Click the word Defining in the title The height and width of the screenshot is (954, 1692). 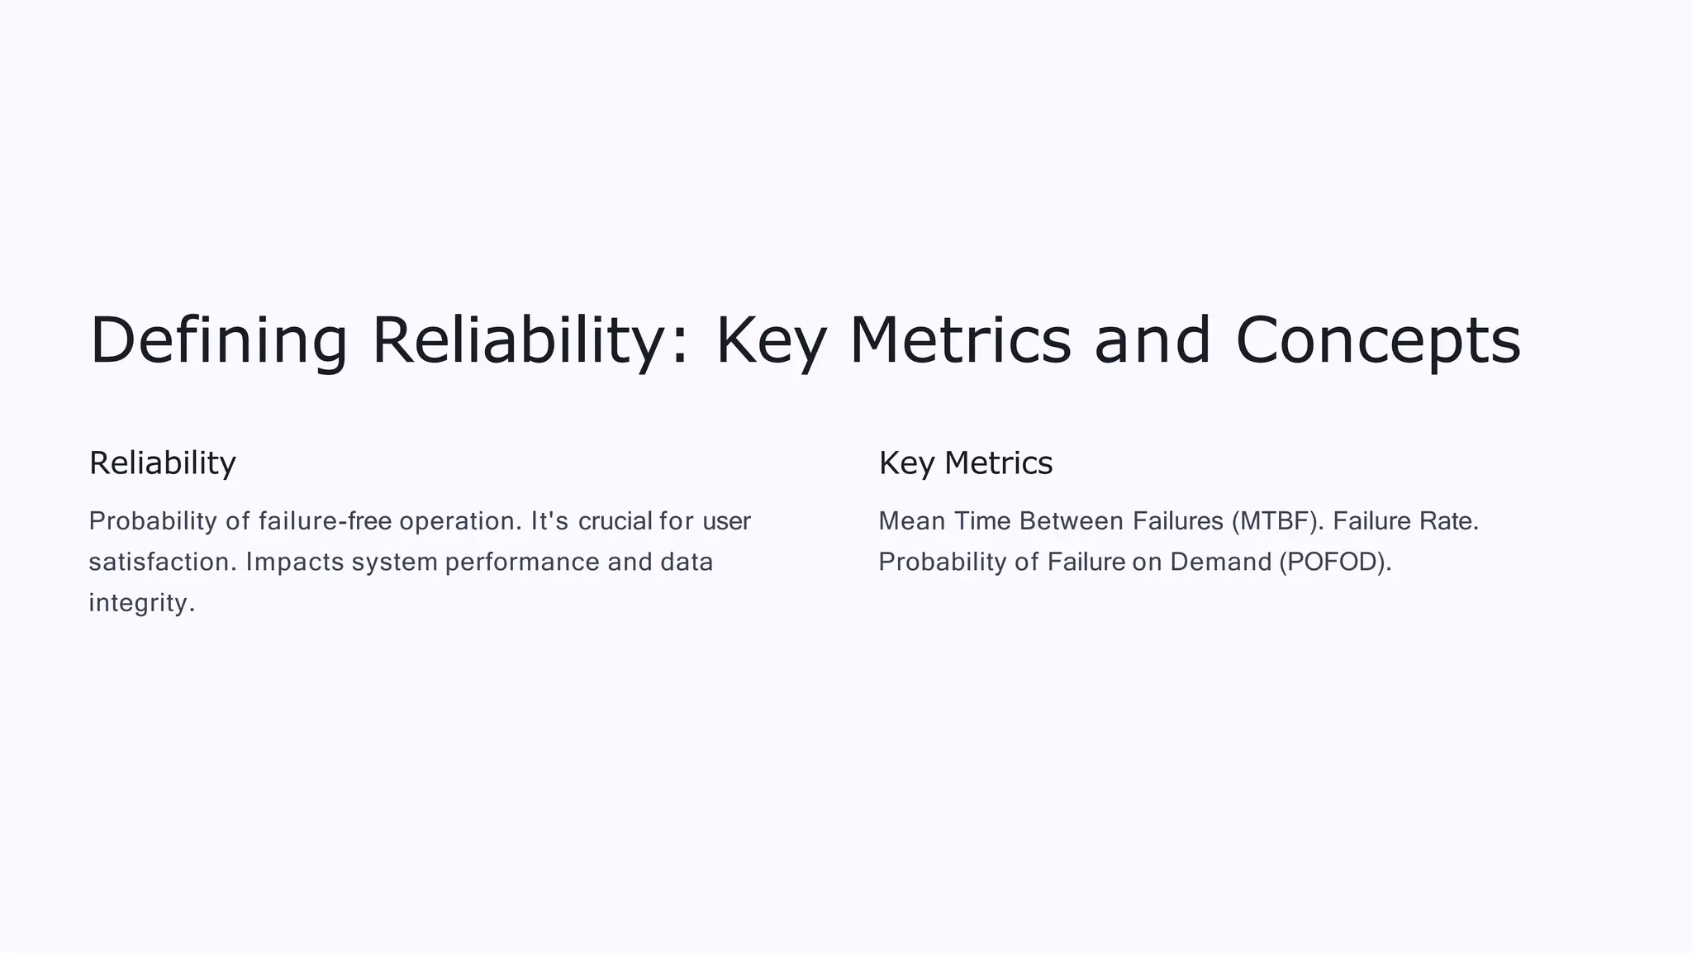pyautogui.click(x=219, y=341)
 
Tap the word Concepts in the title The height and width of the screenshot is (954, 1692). pyautogui.click(x=1378, y=341)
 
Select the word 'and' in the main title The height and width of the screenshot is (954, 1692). pyautogui.click(x=1153, y=341)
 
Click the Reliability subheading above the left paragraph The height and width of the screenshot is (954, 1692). pyautogui.click(x=163, y=463)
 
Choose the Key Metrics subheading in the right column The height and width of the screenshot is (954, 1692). pyautogui.click(x=966, y=463)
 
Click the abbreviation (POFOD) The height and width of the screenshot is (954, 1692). pyautogui.click(x=1335, y=562)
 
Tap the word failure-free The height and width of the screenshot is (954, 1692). pyautogui.click(x=325, y=521)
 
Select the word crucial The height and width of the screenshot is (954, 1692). pyautogui.click(x=615, y=521)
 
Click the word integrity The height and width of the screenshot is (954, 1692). pyautogui.click(x=141, y=603)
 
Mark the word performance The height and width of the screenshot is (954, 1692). pyautogui.click(x=522, y=562)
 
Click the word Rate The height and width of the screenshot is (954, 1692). pyautogui.click(x=1448, y=521)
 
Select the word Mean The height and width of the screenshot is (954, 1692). pyautogui.click(x=911, y=521)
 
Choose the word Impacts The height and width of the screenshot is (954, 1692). pyautogui.click(x=295, y=562)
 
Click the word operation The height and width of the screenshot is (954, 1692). pyautogui.click(x=461, y=521)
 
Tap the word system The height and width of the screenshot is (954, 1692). pyautogui.click(x=394, y=562)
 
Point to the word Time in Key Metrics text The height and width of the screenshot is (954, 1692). pyautogui.click(x=982, y=521)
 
